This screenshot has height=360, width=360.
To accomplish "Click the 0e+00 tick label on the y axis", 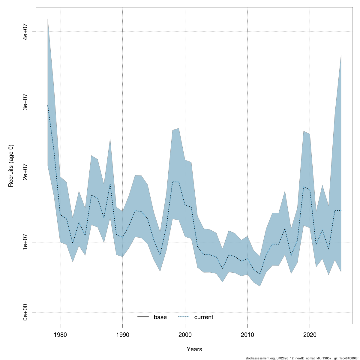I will pos(26,312).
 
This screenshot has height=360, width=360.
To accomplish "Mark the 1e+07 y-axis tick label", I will pos(26,242).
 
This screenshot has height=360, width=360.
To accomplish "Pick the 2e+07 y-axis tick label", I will pos(26,172).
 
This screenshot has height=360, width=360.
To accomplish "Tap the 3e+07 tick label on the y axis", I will pos(26,102).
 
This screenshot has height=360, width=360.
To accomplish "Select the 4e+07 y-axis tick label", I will pos(26,31).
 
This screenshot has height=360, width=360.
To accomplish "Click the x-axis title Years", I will pos(194,349).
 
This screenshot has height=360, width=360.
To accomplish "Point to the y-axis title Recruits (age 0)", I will pos(11,166).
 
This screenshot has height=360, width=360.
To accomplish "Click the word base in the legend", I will pos(160,317).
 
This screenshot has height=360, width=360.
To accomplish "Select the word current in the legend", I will pos(204,317).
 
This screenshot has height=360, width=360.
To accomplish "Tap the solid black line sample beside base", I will pos(143,317).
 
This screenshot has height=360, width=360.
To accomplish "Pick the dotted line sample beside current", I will pos(184,317).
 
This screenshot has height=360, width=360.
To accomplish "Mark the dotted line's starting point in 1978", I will pos(48,105).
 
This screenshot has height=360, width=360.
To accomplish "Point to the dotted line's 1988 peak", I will pos(110,184).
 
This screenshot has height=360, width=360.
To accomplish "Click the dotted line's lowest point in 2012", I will pos(260,274).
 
